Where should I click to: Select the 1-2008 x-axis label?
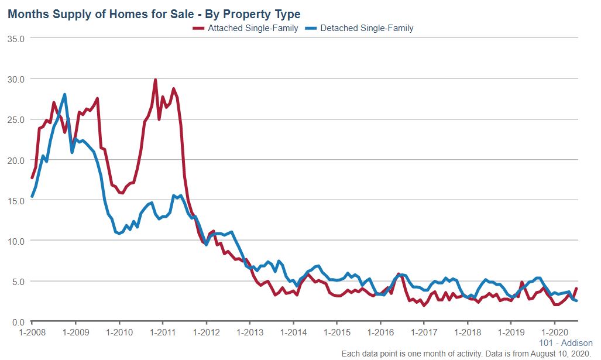pos(32,331)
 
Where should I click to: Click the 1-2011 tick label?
pos(162,331)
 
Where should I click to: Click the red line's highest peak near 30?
pos(155,80)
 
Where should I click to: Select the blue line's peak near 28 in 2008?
pos(64,94)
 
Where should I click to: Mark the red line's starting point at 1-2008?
pos(32,178)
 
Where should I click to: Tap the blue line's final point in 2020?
pos(577,301)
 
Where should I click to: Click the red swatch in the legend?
pos(199,28)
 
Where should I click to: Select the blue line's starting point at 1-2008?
pos(32,197)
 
